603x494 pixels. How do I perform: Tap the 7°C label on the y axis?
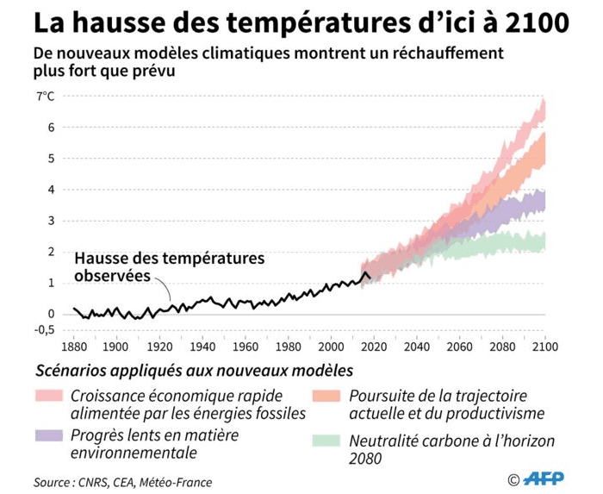click(x=45, y=97)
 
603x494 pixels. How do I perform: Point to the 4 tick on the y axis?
click(x=52, y=190)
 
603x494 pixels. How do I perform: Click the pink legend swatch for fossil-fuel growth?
click(x=49, y=396)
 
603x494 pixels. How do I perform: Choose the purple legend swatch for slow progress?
click(x=49, y=435)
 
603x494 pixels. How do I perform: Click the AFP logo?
click(x=546, y=479)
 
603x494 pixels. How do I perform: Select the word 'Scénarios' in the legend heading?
click(x=71, y=371)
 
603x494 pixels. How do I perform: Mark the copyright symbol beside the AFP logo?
click(x=514, y=479)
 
